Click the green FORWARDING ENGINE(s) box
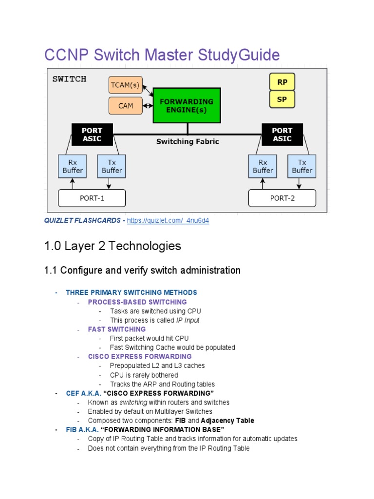coord(187,105)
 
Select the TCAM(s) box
coord(125,85)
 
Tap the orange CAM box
coord(125,105)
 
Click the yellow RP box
coord(282,82)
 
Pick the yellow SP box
coord(282,99)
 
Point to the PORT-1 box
coord(92,198)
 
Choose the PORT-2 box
coord(282,198)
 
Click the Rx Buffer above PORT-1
coord(73,166)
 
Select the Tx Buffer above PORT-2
coord(302,166)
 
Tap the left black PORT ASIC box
coord(92,134)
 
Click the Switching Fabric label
coord(187,142)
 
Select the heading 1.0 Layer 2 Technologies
coord(112,246)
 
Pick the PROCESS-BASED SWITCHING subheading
coord(137,302)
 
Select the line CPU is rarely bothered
coord(144,375)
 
